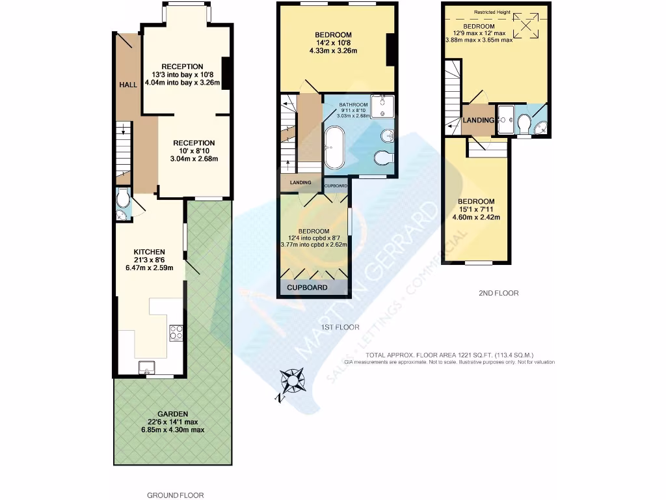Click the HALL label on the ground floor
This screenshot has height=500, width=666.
tap(127, 85)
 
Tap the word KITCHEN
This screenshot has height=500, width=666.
tap(149, 252)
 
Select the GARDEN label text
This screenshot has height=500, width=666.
tap(172, 413)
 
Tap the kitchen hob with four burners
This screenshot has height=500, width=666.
tap(176, 333)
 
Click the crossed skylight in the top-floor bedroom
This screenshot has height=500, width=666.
tap(528, 27)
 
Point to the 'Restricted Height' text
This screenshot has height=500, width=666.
tap(493, 12)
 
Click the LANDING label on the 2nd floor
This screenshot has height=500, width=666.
tap(478, 120)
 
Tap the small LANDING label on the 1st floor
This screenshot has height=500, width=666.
tap(300, 182)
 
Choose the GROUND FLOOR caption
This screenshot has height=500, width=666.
tap(172, 495)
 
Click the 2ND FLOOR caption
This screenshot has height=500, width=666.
tap(498, 293)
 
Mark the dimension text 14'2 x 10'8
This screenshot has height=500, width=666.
tap(333, 44)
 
